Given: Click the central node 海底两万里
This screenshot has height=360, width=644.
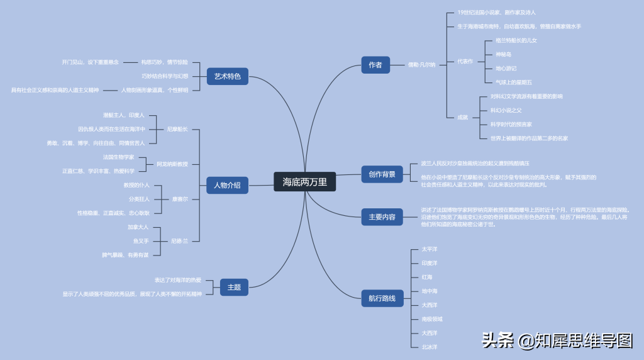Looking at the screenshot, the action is (x=304, y=182).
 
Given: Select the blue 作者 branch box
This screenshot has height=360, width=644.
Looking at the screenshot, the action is (x=375, y=64).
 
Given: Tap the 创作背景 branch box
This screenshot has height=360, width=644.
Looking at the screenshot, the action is (x=382, y=174).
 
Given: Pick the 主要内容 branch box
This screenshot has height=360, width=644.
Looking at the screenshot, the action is (x=382, y=217).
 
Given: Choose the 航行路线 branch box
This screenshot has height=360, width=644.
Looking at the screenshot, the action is (x=382, y=298).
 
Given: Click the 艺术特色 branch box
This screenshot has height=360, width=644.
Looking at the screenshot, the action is (x=227, y=77).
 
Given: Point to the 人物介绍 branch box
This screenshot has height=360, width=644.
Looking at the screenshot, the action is (x=227, y=185).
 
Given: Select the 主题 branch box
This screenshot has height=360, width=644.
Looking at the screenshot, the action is (x=234, y=288).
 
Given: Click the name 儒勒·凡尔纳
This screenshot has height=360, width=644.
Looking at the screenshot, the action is (x=421, y=64).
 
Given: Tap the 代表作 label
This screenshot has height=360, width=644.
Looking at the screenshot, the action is (x=465, y=61).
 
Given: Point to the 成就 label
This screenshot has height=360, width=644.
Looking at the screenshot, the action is (x=462, y=117).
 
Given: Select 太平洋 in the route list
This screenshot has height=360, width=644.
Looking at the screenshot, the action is (x=429, y=249).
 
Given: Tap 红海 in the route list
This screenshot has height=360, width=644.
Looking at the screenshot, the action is (x=426, y=277).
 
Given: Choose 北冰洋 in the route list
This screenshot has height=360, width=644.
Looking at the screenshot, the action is (x=429, y=347).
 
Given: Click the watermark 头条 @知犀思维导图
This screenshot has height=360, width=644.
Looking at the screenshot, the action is (x=557, y=340).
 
